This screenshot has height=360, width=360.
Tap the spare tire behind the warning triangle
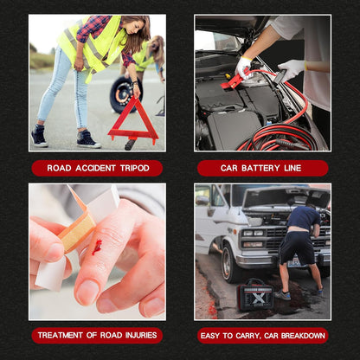[x=123, y=94]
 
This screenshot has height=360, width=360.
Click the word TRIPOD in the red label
[x=135, y=168]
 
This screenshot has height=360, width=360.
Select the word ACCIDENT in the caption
[x=95, y=168]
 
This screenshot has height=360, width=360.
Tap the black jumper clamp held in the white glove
[x=280, y=76]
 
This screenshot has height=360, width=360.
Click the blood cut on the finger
[x=97, y=247]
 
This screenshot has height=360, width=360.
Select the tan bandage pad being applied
[x=77, y=228]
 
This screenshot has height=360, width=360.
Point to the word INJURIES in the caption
[x=141, y=335]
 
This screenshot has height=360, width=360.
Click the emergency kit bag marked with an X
[x=255, y=295]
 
